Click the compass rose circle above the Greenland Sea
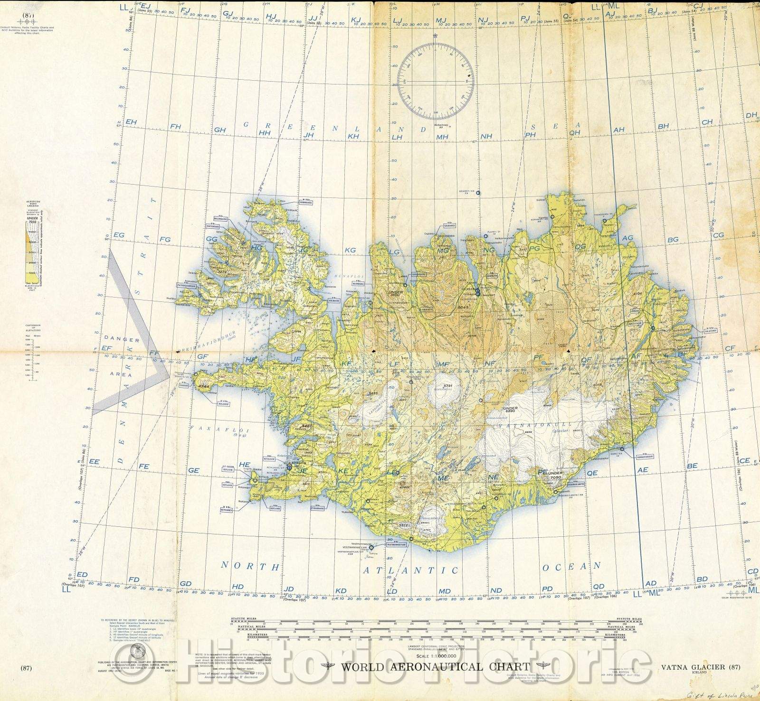pos(436,81)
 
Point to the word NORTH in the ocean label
pos(251,566)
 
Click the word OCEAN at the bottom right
pos(571,566)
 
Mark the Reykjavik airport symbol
pos(290,467)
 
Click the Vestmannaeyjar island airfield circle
pos(371,547)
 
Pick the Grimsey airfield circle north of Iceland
pos(478,193)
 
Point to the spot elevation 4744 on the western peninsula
pos(204,387)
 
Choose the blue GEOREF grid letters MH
pos(443,137)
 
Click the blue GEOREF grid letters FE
pos(143,467)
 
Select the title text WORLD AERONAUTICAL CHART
pos(435,666)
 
